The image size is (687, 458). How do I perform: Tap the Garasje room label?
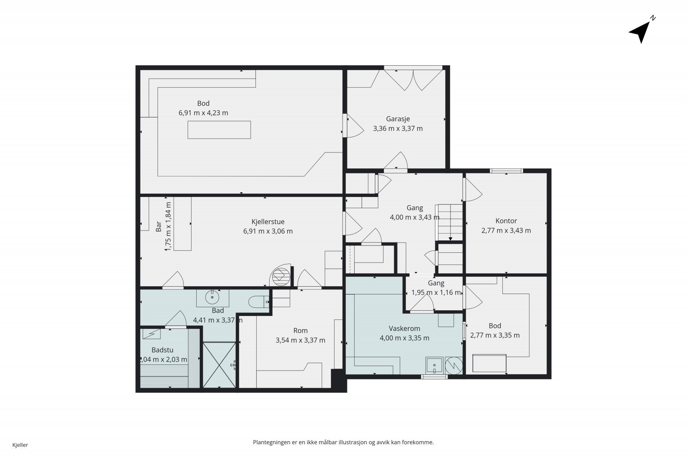[398, 119]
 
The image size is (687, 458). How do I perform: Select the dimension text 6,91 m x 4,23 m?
[204, 113]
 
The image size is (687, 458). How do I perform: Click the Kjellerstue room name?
[268, 221]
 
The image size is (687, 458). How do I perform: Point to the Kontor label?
[506, 221]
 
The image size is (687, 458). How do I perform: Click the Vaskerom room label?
[404, 328]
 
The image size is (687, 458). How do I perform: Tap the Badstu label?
[163, 350]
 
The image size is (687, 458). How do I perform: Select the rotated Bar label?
[158, 227]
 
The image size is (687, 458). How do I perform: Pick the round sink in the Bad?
[212, 297]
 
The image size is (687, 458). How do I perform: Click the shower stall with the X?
[219, 365]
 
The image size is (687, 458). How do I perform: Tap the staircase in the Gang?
[450, 222]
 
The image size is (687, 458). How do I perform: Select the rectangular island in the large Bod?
[219, 130]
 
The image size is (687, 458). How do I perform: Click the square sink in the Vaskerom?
[434, 365]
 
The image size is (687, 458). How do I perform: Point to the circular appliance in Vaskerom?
[453, 365]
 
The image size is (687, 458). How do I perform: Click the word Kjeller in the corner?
[20, 445]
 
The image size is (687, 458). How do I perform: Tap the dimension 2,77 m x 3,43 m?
[506, 231]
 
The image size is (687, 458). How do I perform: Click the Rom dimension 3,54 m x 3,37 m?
[301, 340]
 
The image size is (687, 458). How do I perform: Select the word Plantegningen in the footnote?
[272, 443]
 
